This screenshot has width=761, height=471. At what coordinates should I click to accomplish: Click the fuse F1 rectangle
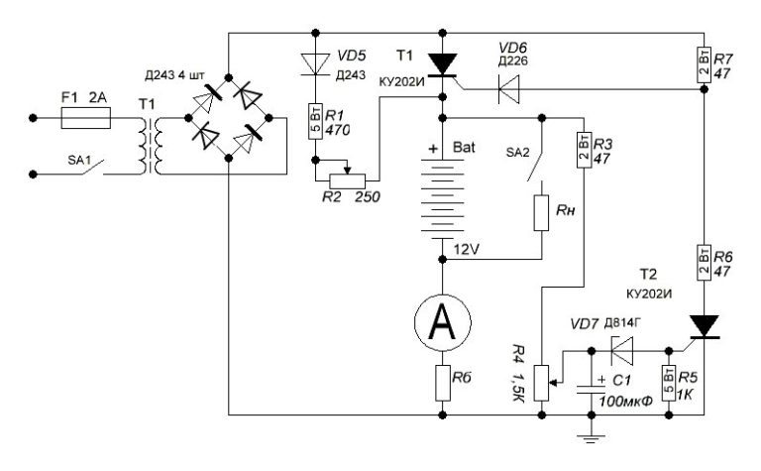tap(86, 118)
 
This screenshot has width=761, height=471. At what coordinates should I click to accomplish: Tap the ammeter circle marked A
tap(442, 322)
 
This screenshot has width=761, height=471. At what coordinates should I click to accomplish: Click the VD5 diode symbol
tap(315, 64)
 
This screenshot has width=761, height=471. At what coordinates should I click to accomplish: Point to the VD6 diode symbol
tap(508, 89)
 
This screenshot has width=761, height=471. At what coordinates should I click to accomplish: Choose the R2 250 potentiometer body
tap(348, 181)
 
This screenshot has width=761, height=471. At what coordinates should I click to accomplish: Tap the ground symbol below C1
tap(591, 438)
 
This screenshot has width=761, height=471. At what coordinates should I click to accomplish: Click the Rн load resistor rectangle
tap(541, 213)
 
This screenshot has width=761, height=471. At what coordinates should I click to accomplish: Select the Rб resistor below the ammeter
tap(442, 383)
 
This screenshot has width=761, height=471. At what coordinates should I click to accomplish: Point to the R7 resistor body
tap(704, 64)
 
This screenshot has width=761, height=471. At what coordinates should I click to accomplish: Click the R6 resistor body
tap(704, 263)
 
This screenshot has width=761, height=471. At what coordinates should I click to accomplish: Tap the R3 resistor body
tap(584, 150)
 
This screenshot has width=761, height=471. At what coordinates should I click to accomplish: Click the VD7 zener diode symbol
tap(622, 350)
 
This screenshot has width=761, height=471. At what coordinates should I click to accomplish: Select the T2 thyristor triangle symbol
tap(704, 326)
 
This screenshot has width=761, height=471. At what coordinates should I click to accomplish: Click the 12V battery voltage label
tap(467, 250)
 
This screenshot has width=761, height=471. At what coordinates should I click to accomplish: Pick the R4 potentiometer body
tap(541, 383)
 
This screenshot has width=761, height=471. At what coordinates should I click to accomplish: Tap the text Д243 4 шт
tap(175, 75)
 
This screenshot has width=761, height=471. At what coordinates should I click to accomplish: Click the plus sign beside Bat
tap(433, 149)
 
